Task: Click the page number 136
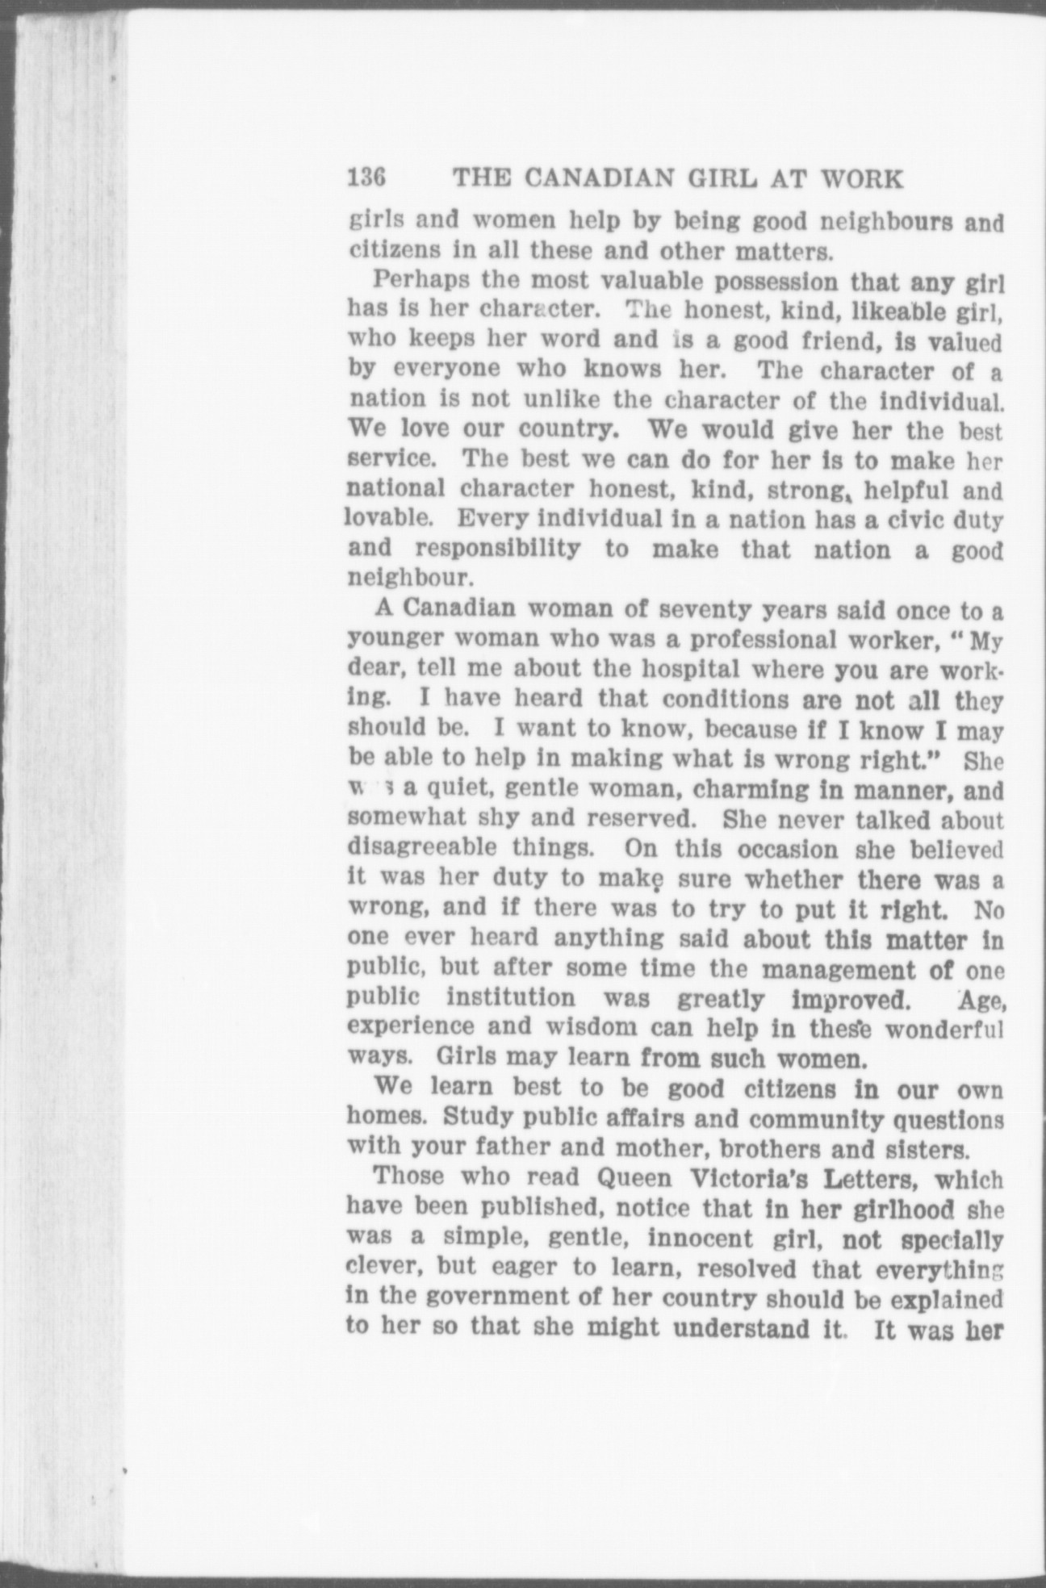coord(368,178)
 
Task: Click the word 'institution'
coord(512,998)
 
